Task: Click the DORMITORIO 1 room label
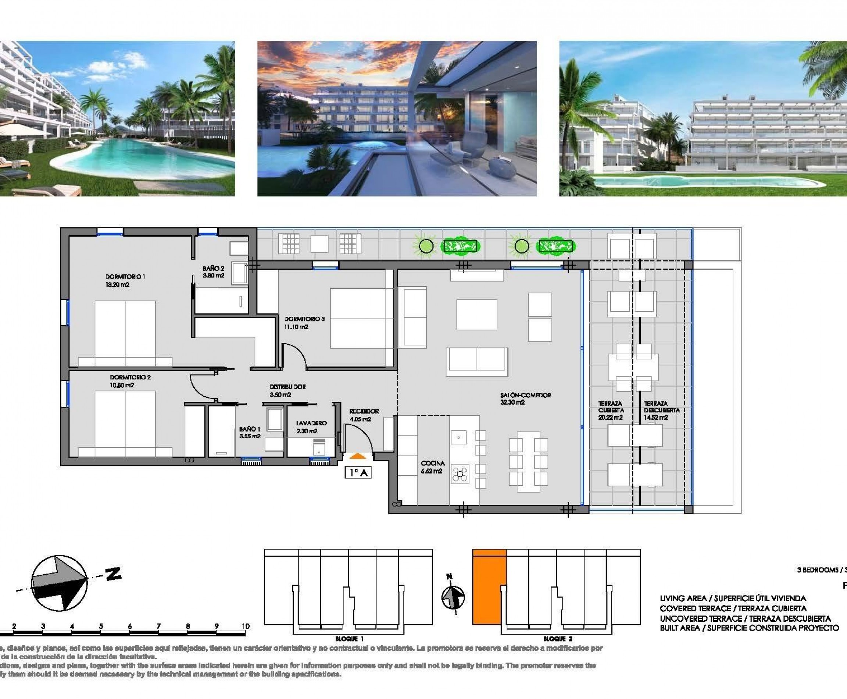pos(125,280)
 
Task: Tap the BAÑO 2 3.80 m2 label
pos(213,272)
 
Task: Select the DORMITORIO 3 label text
pos(304,323)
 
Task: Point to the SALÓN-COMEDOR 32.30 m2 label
pos(525,399)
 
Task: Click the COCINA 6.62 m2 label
pos(433,467)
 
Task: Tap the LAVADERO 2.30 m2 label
pos(311,427)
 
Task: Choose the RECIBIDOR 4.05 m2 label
pos(363,415)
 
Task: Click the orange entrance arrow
pos(357,456)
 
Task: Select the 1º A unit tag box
pos(358,472)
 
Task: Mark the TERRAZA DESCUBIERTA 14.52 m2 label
pos(661,410)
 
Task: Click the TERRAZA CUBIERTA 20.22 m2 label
pos(611,410)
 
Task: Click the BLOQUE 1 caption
pos(349,639)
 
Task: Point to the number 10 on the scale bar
pos(246,626)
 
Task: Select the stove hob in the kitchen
pos(460,474)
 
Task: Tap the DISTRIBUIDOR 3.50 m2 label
pos(287,390)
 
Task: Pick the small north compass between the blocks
pos(453,596)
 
